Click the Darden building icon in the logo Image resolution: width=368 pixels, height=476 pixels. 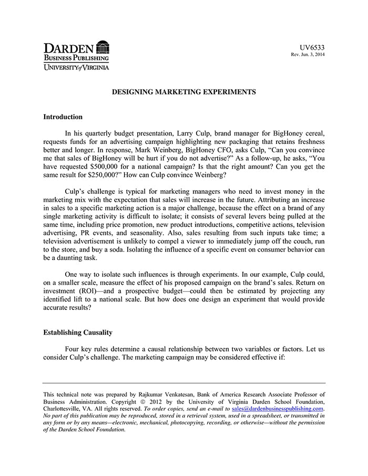point(103,47)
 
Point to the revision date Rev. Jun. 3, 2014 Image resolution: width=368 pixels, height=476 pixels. point(308,55)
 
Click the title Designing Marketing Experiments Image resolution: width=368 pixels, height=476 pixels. point(184,92)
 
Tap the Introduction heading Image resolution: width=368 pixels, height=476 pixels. point(63,117)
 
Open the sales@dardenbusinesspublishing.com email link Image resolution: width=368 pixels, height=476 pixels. point(278,408)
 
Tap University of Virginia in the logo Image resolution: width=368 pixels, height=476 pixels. point(76,67)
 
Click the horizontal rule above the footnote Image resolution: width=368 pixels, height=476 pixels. point(184,383)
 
